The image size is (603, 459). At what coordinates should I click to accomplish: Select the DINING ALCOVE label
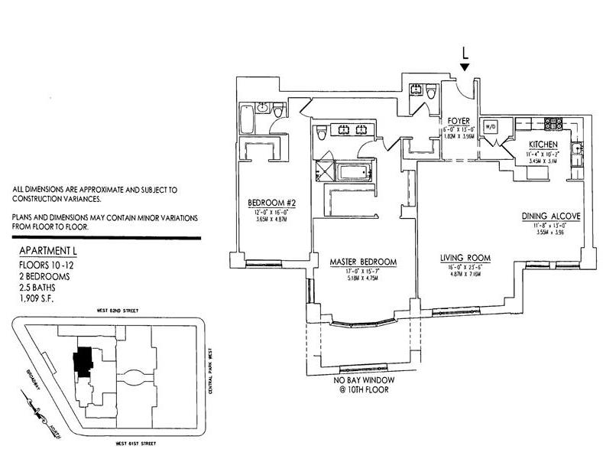tap(551, 216)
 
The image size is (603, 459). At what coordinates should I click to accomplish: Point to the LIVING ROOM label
tap(464, 257)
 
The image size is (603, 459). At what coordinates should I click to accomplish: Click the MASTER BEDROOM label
tap(363, 262)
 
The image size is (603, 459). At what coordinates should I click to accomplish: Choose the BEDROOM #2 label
tap(267, 203)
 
